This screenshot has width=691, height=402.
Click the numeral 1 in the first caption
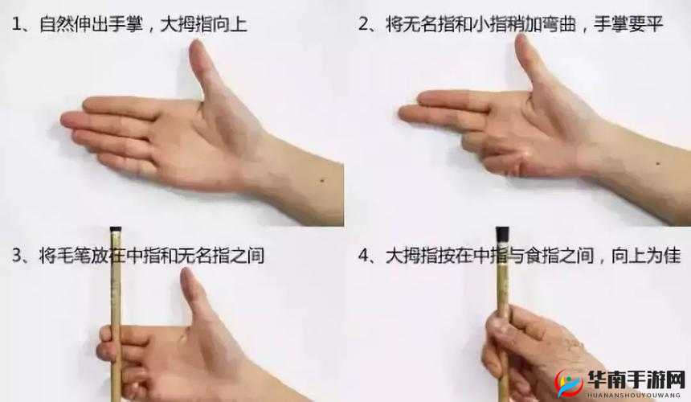[x=17, y=25]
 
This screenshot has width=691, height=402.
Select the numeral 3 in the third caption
[x=17, y=256]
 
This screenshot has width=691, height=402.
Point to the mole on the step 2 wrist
[x=657, y=164]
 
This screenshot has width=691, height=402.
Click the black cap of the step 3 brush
[x=116, y=231]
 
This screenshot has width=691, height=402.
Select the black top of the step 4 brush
[x=503, y=234]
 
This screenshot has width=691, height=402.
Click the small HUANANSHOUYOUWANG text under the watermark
[x=635, y=394]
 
